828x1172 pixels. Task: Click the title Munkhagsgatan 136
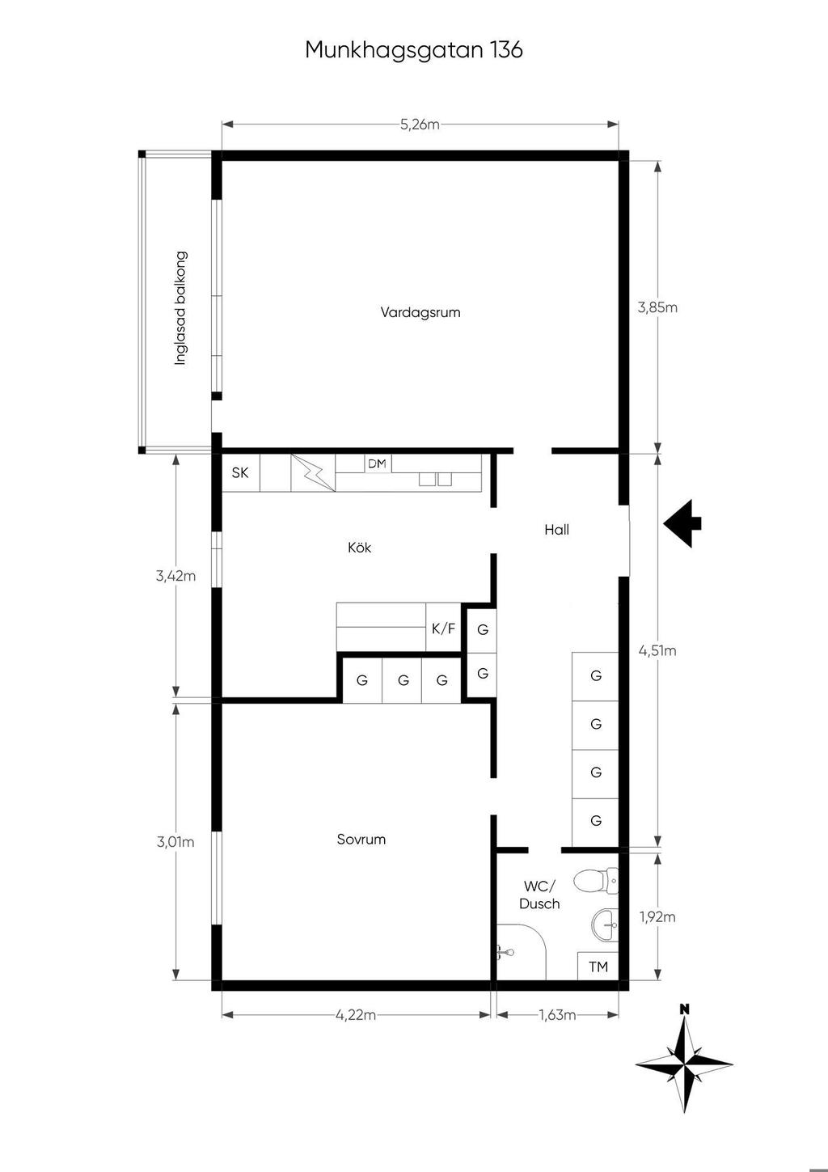click(414, 50)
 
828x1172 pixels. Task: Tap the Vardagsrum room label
click(420, 313)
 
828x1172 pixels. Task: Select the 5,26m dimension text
click(420, 125)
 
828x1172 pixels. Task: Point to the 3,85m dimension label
click(657, 307)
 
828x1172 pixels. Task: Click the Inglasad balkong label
click(180, 308)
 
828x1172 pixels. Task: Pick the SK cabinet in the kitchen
click(241, 472)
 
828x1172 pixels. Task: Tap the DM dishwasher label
click(377, 463)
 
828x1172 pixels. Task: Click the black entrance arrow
click(682, 523)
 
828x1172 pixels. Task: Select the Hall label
click(556, 530)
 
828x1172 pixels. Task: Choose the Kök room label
click(359, 548)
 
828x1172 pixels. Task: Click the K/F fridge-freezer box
click(443, 628)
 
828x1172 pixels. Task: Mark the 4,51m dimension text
click(657, 650)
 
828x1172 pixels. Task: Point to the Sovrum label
click(361, 840)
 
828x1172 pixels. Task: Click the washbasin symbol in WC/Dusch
click(605, 925)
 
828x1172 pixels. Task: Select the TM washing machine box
click(598, 967)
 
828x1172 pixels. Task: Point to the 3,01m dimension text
click(175, 842)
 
